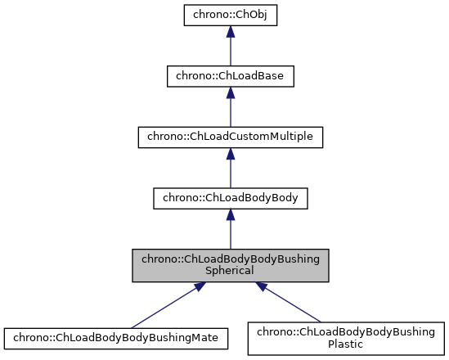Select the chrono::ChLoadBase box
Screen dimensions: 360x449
click(231, 77)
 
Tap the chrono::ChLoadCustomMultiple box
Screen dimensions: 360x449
click(231, 137)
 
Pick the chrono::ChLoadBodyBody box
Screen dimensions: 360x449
click(231, 197)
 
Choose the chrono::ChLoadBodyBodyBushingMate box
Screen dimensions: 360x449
click(115, 336)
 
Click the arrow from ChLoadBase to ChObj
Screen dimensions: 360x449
click(231, 51)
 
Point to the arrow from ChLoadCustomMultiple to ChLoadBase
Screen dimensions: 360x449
click(231, 110)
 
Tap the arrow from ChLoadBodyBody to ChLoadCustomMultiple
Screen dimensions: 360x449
click(231, 170)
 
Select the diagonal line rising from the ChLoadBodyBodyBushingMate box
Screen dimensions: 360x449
click(164, 307)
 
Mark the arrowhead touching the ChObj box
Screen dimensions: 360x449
click(231, 32)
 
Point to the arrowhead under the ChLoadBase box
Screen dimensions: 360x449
click(231, 92)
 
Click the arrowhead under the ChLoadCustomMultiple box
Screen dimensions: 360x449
click(231, 152)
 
